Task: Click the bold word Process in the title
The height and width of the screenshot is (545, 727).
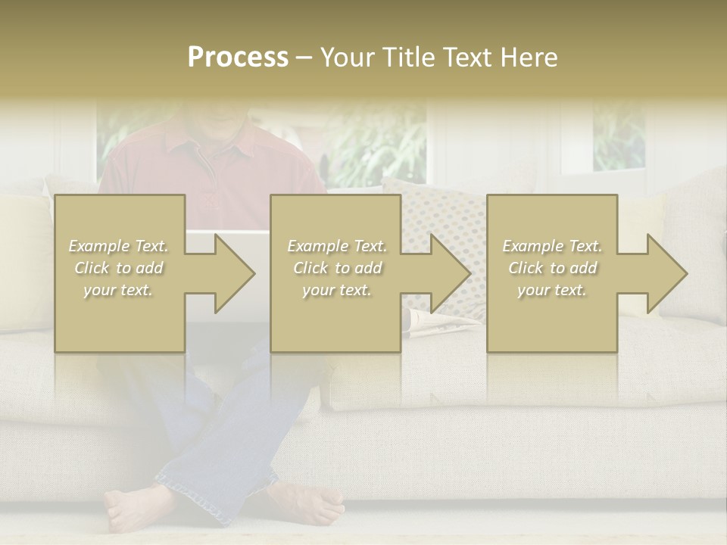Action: coord(238,58)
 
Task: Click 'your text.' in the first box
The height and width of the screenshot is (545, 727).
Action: coord(118,290)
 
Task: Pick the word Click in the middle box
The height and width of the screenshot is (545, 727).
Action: coord(310,268)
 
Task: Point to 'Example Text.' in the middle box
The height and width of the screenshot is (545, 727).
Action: coord(337,246)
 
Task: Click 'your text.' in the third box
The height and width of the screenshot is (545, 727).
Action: coord(552,290)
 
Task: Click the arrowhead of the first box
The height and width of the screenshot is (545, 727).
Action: coord(231,273)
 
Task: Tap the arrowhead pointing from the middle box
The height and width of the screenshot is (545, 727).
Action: coord(447,273)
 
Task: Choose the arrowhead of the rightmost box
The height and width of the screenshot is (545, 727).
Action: coord(663,273)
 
